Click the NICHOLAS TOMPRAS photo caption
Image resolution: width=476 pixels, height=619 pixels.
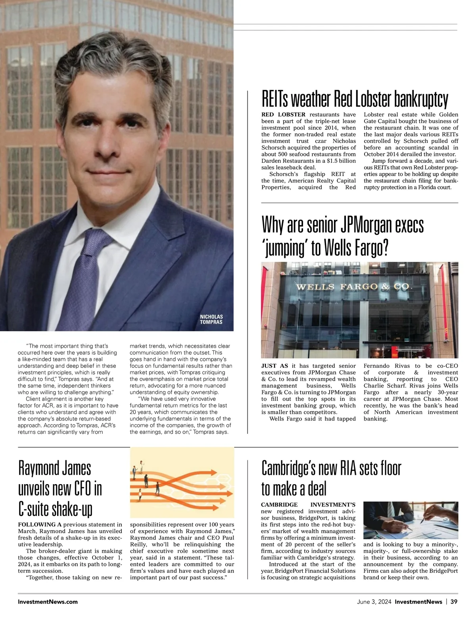tap(211, 319)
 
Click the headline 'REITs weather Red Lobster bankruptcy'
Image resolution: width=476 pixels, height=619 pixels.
tap(355, 99)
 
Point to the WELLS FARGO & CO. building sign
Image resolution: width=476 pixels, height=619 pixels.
tap(354, 287)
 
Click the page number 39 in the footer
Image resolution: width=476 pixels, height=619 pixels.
tap(454, 602)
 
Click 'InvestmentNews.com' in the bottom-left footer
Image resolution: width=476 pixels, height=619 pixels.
tap(48, 602)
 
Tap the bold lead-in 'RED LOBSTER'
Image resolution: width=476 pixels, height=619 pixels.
tap(283, 115)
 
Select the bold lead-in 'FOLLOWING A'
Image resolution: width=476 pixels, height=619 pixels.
tap(40, 525)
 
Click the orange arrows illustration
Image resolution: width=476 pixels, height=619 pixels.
tap(182, 482)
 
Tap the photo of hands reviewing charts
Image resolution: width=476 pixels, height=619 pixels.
tap(411, 520)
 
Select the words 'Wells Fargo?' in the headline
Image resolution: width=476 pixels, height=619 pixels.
tap(355, 248)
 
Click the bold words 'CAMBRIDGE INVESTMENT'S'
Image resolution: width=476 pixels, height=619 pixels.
tap(308, 505)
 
